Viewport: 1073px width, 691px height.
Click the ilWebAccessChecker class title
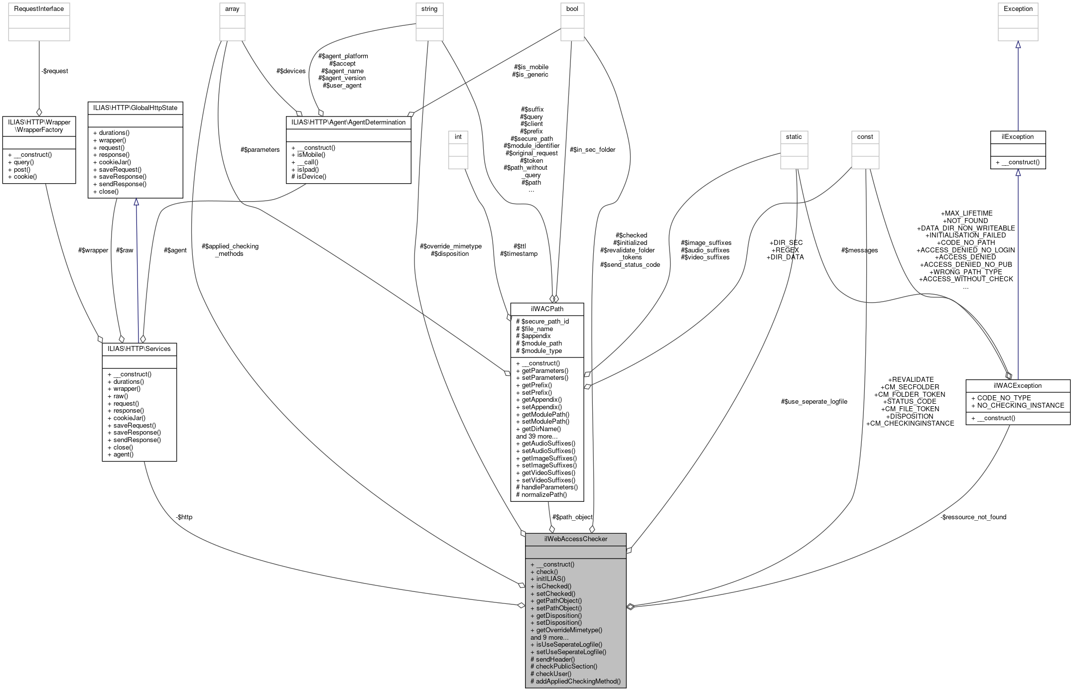[x=575, y=539]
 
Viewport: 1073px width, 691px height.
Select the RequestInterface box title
[x=39, y=8]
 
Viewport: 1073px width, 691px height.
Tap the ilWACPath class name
[x=547, y=309]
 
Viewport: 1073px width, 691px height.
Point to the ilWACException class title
[x=1017, y=385]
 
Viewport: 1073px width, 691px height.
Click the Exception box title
[x=1018, y=8]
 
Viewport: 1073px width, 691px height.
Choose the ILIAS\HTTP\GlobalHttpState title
[x=135, y=108]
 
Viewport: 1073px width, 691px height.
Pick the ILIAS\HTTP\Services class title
[x=139, y=348]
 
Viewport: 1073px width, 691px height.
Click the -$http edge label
[x=184, y=517]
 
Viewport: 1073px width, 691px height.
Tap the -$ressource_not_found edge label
[x=973, y=517]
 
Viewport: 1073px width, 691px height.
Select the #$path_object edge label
[x=572, y=517]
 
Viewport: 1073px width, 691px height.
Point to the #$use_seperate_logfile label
[x=814, y=401]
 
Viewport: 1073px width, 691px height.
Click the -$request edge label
[x=55, y=71]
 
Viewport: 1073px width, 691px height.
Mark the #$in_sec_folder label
[x=592, y=149]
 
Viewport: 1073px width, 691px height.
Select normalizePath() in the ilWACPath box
[x=544, y=494]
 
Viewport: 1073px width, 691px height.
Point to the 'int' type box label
[x=458, y=136]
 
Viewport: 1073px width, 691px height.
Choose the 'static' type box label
[x=794, y=136]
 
